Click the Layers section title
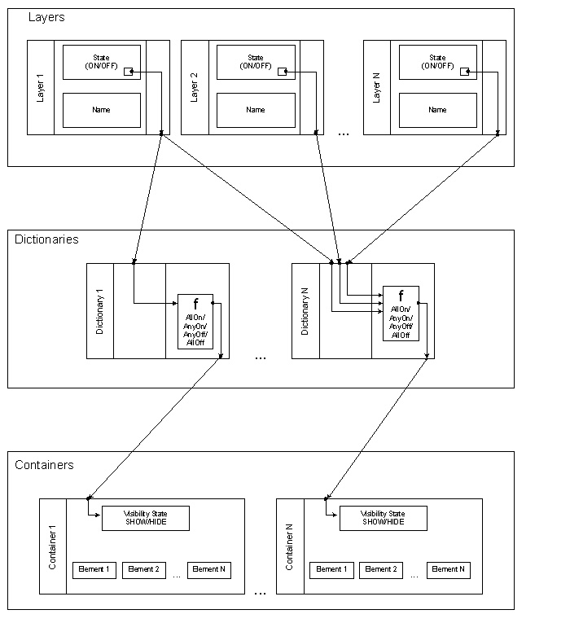(x=46, y=17)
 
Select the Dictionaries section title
(x=46, y=239)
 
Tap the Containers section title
(x=44, y=465)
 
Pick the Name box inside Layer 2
(x=255, y=110)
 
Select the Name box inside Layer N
(x=437, y=110)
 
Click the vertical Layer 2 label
(x=194, y=87)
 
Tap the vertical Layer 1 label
(x=41, y=87)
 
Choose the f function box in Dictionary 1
(x=195, y=322)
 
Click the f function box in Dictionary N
(x=401, y=314)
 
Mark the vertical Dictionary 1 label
(x=99, y=310)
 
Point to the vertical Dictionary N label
(x=305, y=310)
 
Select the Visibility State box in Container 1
(x=145, y=518)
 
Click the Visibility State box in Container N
(x=383, y=518)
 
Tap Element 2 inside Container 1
(x=143, y=569)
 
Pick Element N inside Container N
(x=448, y=569)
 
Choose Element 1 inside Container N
(x=331, y=569)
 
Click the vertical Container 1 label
(x=53, y=546)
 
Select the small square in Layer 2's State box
(x=282, y=72)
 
